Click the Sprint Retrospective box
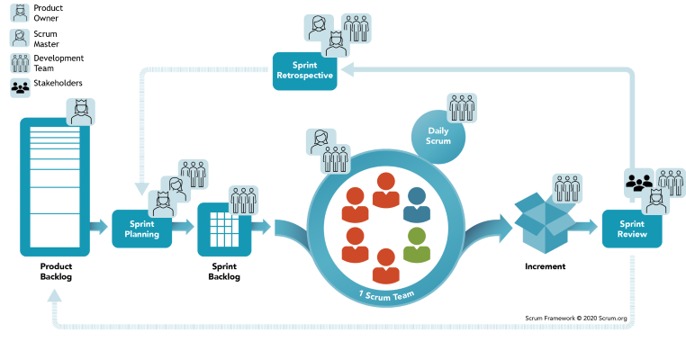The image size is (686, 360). pyautogui.click(x=305, y=71)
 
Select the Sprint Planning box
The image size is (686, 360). pyautogui.click(x=141, y=228)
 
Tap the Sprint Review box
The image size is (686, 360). pyautogui.click(x=631, y=229)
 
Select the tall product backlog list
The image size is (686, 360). pyautogui.click(x=55, y=186)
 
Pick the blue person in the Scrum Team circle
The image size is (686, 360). pyautogui.click(x=416, y=206)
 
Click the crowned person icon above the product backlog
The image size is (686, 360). pyautogui.click(x=80, y=112)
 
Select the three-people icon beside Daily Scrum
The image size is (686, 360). pyautogui.click(x=463, y=107)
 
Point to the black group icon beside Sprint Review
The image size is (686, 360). pyautogui.click(x=639, y=182)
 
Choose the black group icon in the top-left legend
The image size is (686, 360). pyautogui.click(x=20, y=87)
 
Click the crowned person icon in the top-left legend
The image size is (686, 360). pyautogui.click(x=20, y=13)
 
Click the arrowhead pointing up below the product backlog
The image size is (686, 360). pyautogui.click(x=55, y=296)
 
